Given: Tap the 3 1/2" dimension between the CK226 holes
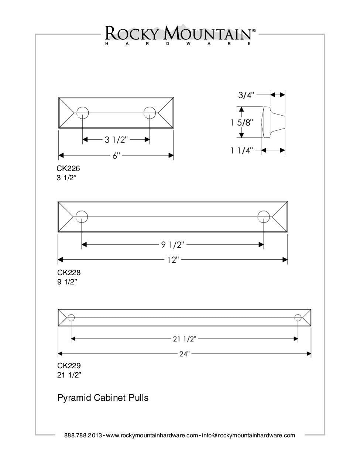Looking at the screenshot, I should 116,140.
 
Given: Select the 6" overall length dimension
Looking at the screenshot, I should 116,156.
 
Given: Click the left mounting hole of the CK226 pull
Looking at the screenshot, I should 82,112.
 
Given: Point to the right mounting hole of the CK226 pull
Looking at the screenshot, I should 150,112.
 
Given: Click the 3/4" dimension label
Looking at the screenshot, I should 246,95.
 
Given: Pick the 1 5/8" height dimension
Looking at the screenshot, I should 242,122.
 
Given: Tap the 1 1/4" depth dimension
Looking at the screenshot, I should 241,150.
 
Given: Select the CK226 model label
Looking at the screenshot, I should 68,168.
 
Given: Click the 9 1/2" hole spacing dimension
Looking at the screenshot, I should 172,244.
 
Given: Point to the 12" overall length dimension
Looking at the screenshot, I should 172,260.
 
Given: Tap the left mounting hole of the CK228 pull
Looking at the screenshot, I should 82,217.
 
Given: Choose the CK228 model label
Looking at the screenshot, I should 69,273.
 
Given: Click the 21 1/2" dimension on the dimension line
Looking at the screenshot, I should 184,339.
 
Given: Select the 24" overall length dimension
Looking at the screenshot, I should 184,354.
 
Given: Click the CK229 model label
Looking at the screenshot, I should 69,366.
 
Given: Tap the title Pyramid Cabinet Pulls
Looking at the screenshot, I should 103,398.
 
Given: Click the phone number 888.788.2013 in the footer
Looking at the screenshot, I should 83,436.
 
